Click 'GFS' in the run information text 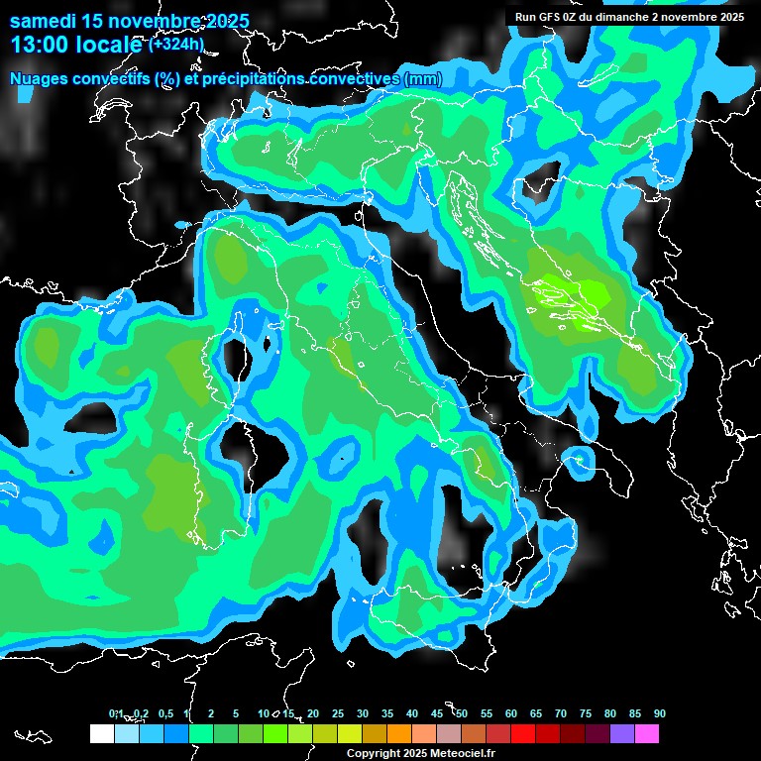click(549, 17)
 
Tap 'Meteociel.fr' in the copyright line click(467, 754)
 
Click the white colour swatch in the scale click(101, 733)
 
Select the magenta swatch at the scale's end click(647, 733)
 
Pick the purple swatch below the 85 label click(622, 733)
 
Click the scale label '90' click(660, 713)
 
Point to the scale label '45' click(437, 713)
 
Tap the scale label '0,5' click(165, 713)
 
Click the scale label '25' click(338, 713)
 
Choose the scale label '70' click(561, 713)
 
